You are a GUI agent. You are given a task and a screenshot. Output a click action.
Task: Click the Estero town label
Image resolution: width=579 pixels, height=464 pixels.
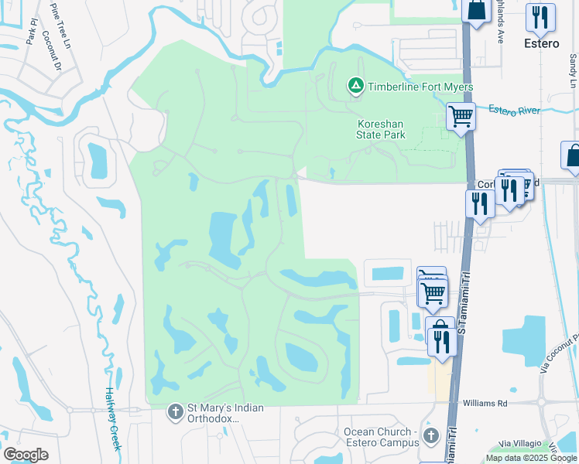pos(540,43)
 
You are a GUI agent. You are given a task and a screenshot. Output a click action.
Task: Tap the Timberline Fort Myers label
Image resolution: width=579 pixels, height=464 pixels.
pos(421,87)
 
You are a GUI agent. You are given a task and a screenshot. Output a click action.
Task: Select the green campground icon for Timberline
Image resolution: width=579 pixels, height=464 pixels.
pos(355,86)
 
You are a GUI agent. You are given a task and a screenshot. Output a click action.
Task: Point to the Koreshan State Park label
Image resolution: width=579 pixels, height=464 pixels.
pos(381,129)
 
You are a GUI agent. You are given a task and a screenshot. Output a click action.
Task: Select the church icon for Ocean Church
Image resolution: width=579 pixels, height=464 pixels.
pos(431,438)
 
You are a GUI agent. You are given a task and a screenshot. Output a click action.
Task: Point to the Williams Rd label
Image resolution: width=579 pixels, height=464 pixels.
pos(485,403)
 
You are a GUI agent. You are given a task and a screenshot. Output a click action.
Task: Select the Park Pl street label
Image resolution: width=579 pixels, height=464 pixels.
pos(31,33)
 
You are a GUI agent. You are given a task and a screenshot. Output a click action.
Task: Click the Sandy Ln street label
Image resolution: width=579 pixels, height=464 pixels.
pos(573,70)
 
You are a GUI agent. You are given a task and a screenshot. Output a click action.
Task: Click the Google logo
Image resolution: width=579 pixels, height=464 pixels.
pos(26,454)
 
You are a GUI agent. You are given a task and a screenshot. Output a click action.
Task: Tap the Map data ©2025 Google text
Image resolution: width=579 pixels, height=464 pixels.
pos(530,458)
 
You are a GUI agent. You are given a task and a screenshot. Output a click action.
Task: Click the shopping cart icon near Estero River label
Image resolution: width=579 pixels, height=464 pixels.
pos(461,117)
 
